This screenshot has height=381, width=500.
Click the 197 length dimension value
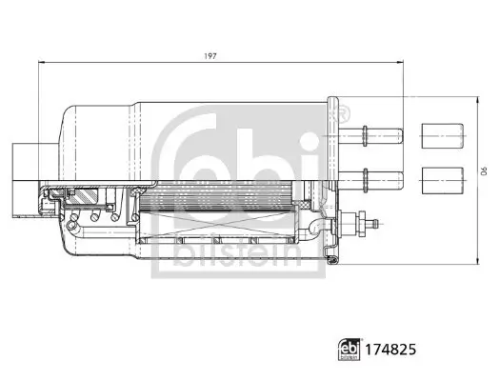click(x=210, y=56)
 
